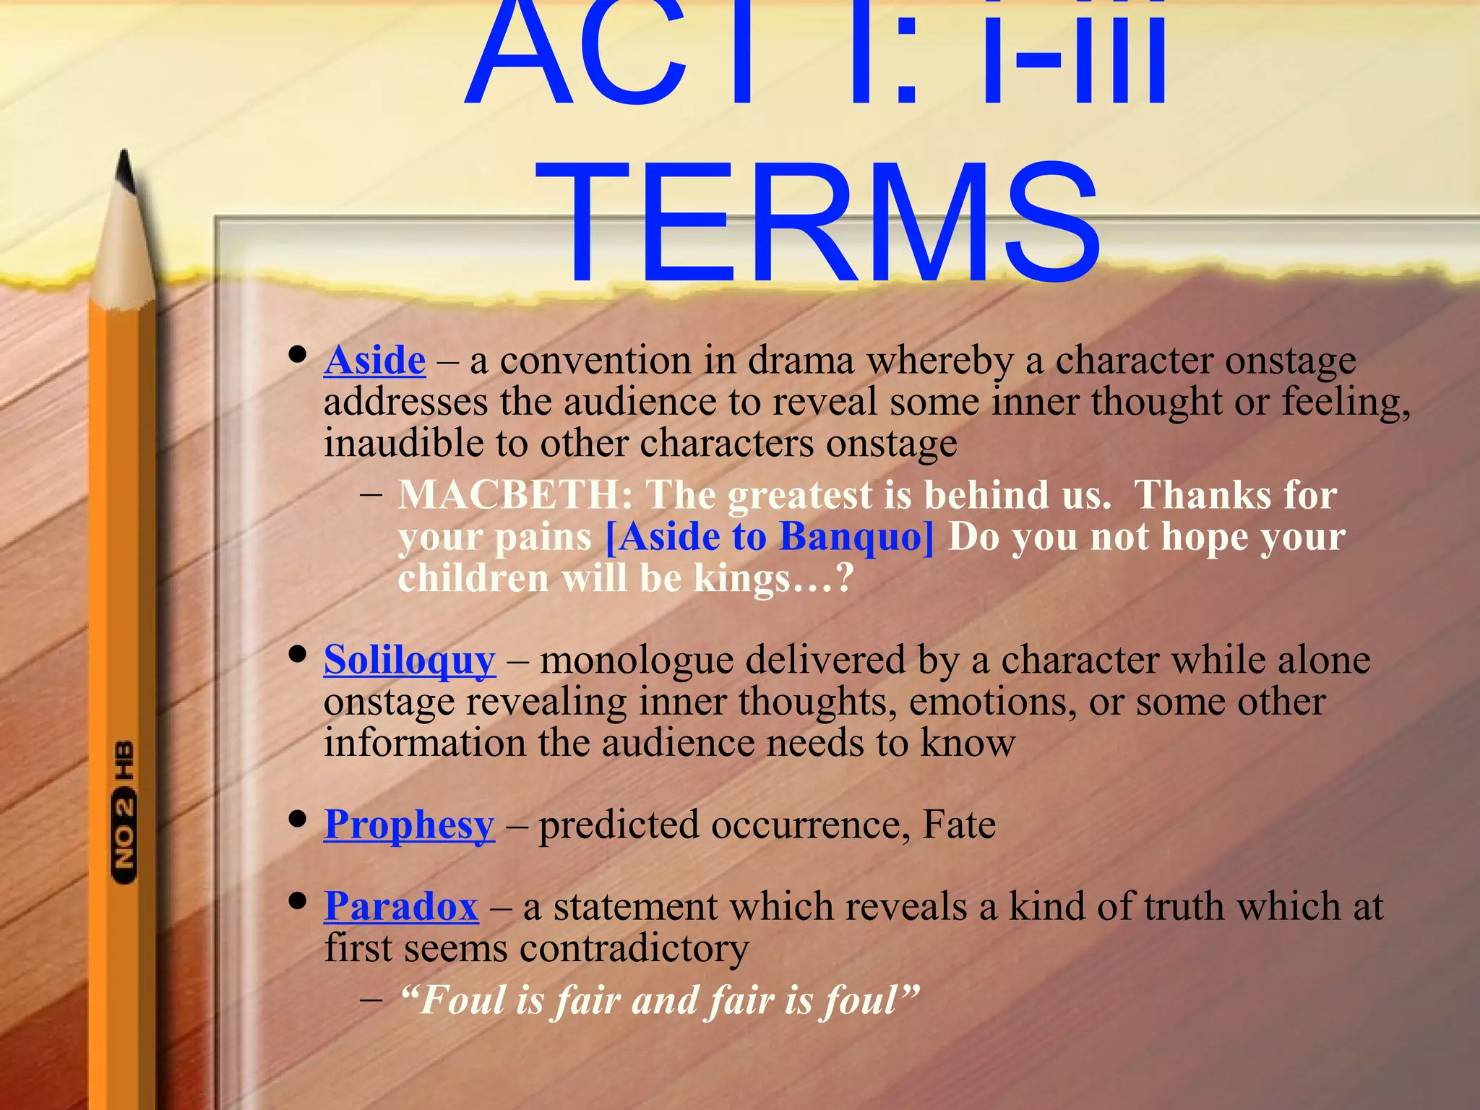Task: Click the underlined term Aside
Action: [374, 361]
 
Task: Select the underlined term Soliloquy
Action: [409, 661]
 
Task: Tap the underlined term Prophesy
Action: [409, 825]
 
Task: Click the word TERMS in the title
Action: [827, 224]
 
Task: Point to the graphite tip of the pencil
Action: [126, 170]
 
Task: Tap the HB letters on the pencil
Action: [124, 759]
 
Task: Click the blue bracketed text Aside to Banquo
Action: [769, 537]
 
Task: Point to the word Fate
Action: [959, 825]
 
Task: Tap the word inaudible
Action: [403, 443]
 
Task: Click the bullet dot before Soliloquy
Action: [296, 654]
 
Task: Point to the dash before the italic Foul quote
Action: [371, 1001]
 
